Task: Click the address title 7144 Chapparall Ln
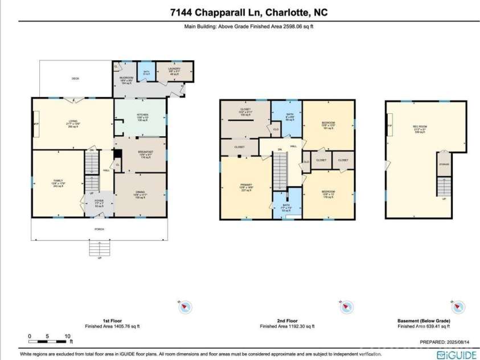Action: click(x=240, y=12)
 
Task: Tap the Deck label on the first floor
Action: click(x=75, y=79)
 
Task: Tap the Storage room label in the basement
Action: click(x=444, y=164)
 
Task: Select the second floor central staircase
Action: click(x=279, y=174)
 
